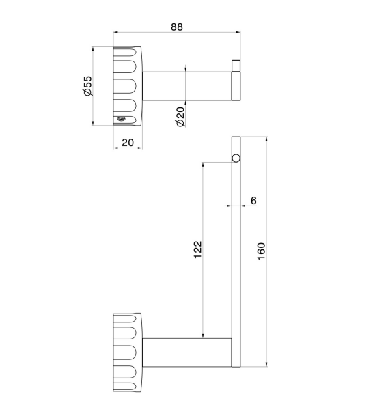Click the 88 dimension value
point(177,27)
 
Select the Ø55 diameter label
point(87,85)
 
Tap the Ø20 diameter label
point(180,117)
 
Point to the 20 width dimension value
point(128,143)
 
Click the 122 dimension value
point(197,249)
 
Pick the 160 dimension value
point(262,251)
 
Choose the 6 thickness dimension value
point(253,201)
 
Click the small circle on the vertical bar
point(236,158)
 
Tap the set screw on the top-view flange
point(121,119)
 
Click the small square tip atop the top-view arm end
point(236,66)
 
